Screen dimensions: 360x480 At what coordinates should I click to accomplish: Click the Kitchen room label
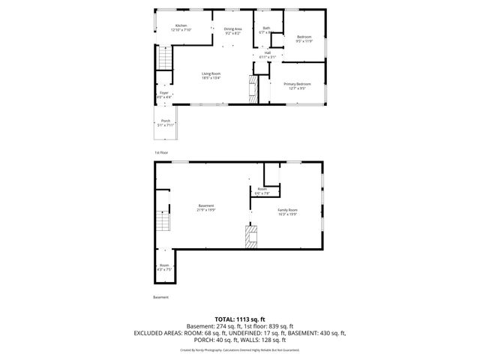[x=181, y=25]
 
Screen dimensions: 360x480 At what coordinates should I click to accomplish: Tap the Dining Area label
[x=232, y=29]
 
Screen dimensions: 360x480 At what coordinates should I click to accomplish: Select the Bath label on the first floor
[x=266, y=28]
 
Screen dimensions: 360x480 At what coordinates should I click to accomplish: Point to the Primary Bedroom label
[x=297, y=84]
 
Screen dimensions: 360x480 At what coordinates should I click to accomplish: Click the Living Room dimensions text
[x=211, y=76]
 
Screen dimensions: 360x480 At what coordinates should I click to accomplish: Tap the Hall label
[x=267, y=52]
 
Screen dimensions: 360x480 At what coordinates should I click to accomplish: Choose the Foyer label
[x=164, y=92]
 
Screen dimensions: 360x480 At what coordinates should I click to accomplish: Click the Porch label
[x=165, y=121]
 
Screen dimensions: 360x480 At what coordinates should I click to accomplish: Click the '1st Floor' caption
[x=161, y=153]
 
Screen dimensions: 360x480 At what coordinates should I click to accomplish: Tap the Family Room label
[x=287, y=209]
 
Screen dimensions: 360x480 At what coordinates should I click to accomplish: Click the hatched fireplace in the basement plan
[x=250, y=238]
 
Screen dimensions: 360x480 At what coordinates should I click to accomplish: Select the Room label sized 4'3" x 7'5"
[x=164, y=265]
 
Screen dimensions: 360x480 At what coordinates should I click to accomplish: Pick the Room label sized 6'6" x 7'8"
[x=262, y=189]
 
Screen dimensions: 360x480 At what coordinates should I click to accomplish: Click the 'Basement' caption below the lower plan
[x=160, y=298]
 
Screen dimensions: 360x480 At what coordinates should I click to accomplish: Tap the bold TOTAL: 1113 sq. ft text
[x=240, y=319]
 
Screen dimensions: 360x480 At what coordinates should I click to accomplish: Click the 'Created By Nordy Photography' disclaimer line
[x=240, y=349]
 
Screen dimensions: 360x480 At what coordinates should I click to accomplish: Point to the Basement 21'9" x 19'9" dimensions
[x=206, y=210]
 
